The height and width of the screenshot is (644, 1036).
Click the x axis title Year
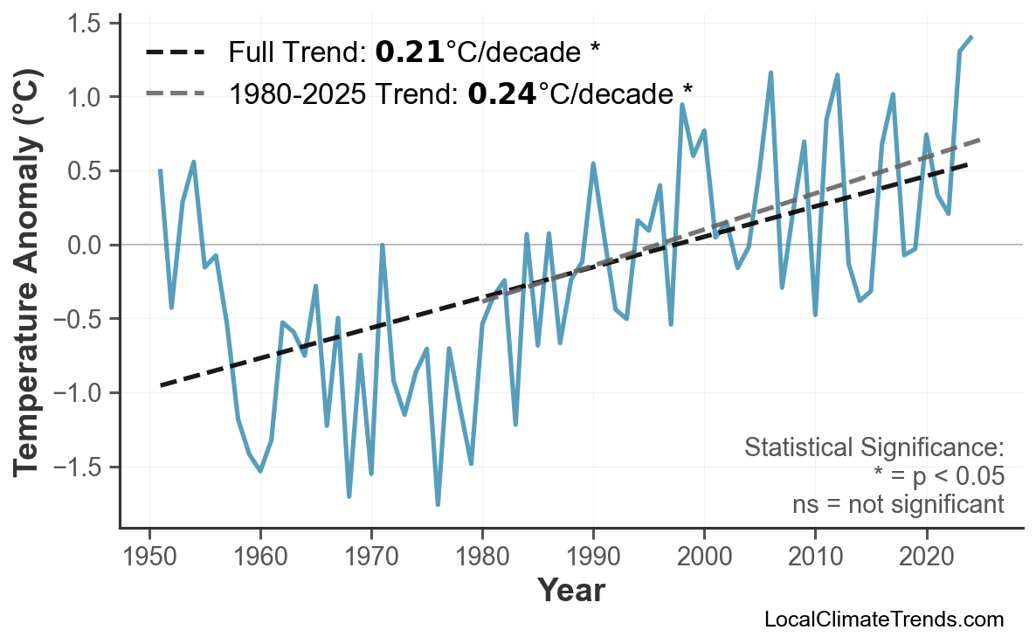point(570,592)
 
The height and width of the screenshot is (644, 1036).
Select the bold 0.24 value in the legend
point(501,93)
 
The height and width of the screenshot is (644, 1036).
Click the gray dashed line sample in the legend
point(176,93)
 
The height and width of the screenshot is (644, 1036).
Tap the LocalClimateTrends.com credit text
point(883,620)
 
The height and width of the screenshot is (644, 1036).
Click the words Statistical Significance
point(874,448)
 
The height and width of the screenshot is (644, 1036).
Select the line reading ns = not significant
point(897,504)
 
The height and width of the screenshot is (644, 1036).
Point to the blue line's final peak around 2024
point(971,37)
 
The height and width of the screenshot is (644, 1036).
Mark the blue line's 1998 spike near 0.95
point(682,105)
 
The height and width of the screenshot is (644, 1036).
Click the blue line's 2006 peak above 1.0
point(770,73)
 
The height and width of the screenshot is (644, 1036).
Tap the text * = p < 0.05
point(939,476)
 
